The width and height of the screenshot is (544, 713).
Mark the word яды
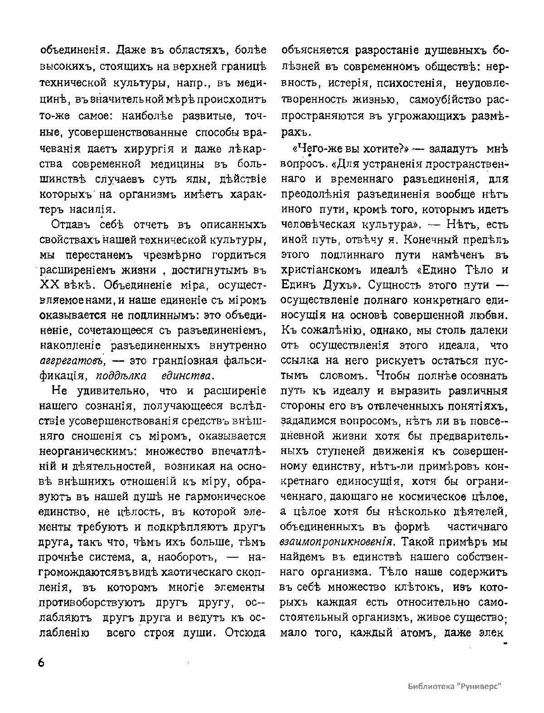coord(191,179)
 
